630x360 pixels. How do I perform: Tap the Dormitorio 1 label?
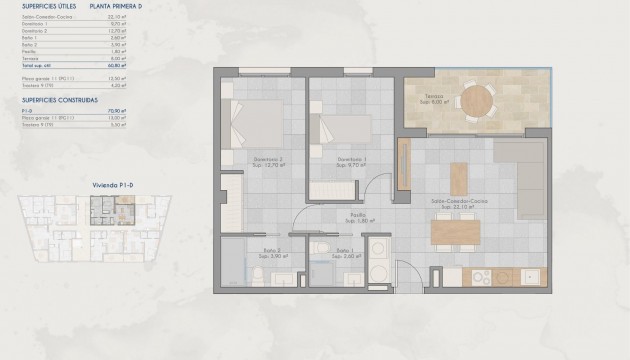[349, 158]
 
